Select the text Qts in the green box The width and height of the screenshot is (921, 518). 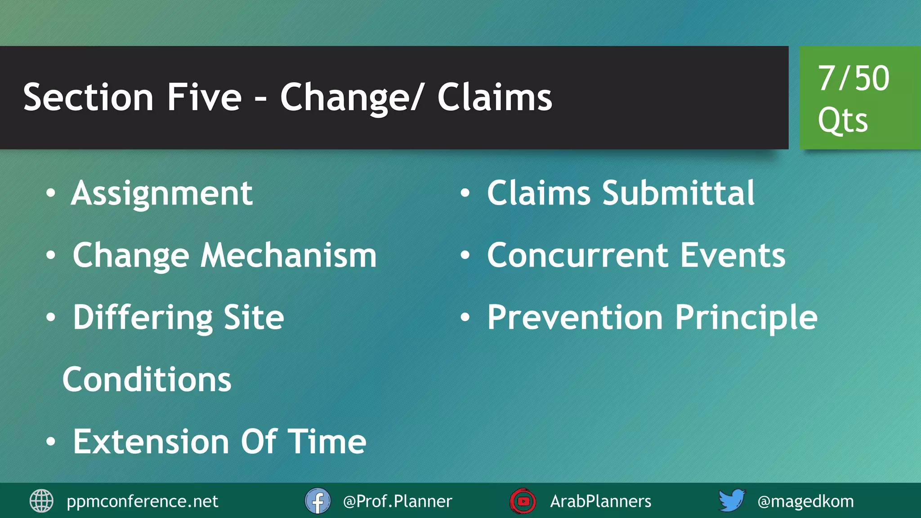[842, 120]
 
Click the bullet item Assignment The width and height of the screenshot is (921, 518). [162, 193]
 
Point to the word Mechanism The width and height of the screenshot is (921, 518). [288, 255]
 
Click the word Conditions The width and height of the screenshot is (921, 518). [147, 380]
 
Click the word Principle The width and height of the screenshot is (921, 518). [746, 317]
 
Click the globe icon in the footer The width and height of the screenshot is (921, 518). [41, 501]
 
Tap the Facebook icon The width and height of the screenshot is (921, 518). [317, 501]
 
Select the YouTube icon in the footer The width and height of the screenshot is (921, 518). [523, 501]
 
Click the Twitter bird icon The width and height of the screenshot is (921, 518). [731, 500]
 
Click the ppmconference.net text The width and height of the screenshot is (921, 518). [142, 501]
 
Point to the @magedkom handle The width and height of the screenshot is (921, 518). [805, 501]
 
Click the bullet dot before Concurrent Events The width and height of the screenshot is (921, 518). [465, 256]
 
